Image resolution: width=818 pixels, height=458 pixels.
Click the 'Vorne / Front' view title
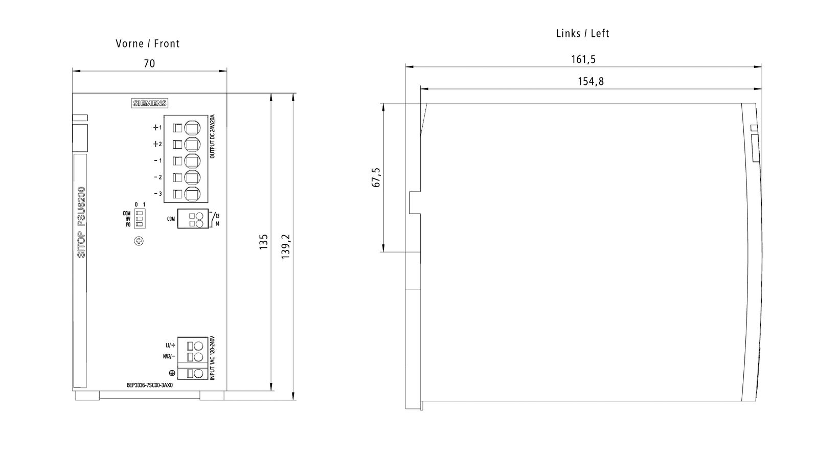pyautogui.click(x=148, y=44)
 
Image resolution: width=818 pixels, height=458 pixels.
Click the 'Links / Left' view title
pyautogui.click(x=582, y=34)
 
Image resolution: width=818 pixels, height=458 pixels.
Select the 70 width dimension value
pyautogui.click(x=149, y=63)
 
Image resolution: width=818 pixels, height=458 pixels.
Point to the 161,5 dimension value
pyautogui.click(x=583, y=59)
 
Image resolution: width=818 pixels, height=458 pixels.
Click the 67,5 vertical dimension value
pyautogui.click(x=376, y=177)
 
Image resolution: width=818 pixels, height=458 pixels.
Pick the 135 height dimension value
pyautogui.click(x=264, y=242)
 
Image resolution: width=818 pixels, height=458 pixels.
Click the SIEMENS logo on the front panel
pyautogui.click(x=150, y=103)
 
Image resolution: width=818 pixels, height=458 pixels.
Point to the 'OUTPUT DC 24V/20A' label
pyautogui.click(x=213, y=136)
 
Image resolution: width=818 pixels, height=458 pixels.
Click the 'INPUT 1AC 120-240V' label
pyautogui.click(x=213, y=358)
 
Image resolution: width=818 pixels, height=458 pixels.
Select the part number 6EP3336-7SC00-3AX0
pyautogui.click(x=150, y=386)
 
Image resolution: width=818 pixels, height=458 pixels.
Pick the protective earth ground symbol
pyautogui.click(x=172, y=374)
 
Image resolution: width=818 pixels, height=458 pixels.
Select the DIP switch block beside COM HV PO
pyautogui.click(x=139, y=219)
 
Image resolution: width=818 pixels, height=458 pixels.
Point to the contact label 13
pyautogui.click(x=217, y=216)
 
